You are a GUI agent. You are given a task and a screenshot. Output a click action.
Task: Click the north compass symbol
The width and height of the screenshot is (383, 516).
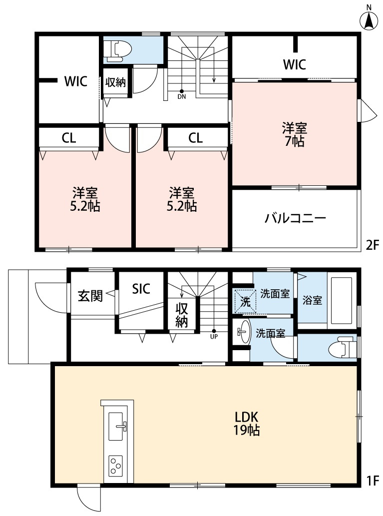tap(369, 19)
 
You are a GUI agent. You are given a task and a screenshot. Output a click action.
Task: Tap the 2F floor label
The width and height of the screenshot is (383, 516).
tap(373, 246)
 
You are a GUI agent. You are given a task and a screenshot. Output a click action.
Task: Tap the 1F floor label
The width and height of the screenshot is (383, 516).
tap(373, 482)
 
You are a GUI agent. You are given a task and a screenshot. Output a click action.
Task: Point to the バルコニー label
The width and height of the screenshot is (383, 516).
tap(295, 218)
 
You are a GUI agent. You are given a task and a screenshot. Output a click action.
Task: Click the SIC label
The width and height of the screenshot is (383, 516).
tap(141, 288)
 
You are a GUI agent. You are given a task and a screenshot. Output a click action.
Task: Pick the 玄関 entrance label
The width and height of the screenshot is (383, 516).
tap(90, 296)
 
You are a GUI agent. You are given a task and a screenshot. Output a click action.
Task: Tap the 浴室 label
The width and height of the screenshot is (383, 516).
tap(312, 301)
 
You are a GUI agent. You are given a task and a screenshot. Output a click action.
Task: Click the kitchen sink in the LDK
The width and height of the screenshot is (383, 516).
tap(118, 427)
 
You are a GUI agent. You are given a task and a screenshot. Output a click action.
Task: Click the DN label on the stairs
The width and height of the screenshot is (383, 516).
tap(182, 97)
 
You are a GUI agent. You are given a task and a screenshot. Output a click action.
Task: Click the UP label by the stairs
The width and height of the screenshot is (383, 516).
tap(214, 336)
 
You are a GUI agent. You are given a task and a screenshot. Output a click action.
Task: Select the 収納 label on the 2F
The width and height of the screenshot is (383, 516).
tap(115, 82)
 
